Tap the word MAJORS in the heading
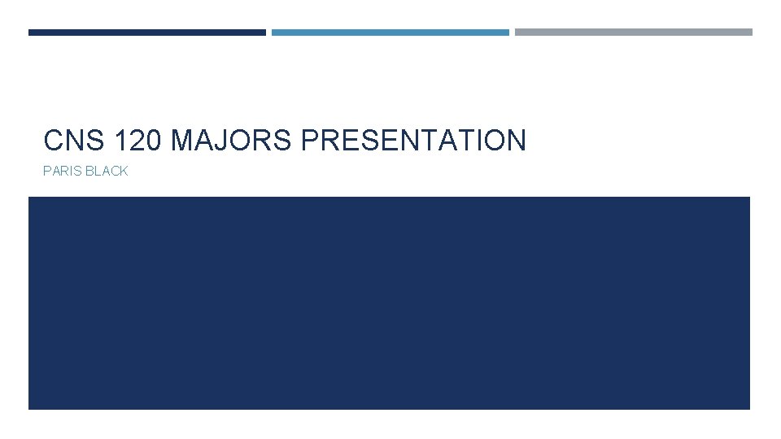point(232,141)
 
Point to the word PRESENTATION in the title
point(413,141)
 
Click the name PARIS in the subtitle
point(62,172)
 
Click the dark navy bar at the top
point(146,33)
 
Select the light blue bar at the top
point(390,33)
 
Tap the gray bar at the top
point(634,33)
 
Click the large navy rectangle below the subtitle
point(389,302)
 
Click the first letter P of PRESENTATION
point(310,141)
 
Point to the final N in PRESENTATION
point(516,141)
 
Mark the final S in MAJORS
point(283,141)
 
